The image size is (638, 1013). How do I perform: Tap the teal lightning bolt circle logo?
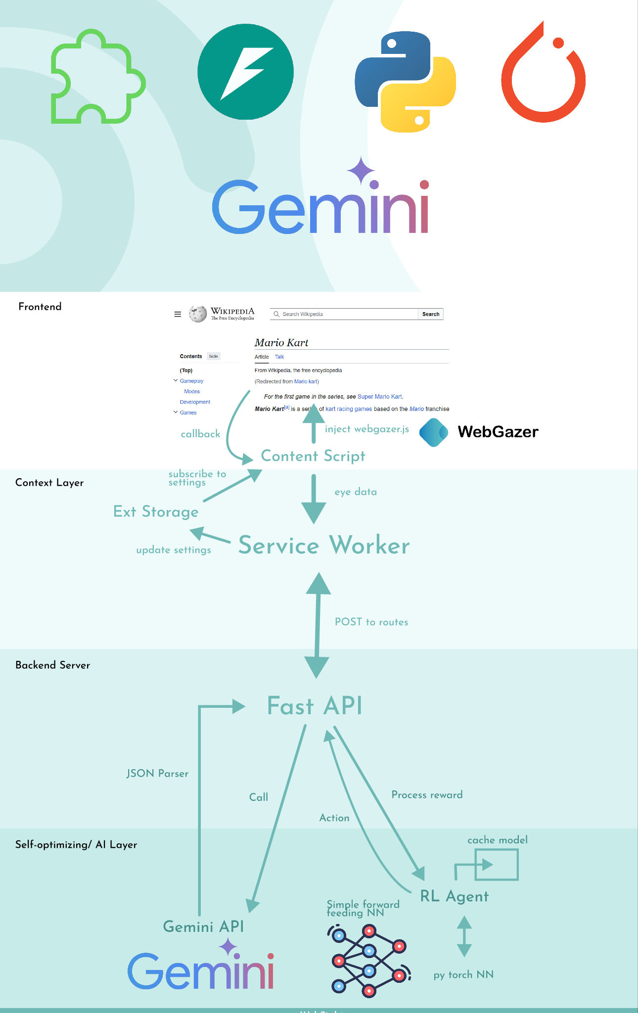coord(245,72)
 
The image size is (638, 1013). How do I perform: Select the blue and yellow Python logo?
coord(405,82)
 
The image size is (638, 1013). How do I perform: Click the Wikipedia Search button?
coord(430,314)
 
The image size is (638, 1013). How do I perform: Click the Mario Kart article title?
coord(281,343)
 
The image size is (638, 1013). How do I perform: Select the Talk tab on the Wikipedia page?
coord(279,357)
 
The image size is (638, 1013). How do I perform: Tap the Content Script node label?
coord(313,456)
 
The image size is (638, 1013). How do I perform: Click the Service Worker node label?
coord(324,545)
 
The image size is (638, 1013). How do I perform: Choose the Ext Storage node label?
coord(156,511)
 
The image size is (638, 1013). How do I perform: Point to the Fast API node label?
coord(315,705)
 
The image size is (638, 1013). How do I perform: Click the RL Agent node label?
coord(454,896)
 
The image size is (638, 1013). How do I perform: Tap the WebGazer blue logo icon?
coord(434,432)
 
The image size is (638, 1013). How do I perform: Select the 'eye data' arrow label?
coord(356,492)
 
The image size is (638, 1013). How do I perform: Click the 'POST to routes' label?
coord(371,622)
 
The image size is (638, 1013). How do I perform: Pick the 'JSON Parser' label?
coord(157,773)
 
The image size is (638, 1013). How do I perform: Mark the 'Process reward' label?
coord(427,794)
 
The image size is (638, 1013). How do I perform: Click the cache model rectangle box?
coord(497,865)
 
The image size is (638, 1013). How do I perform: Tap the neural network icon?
coord(368,961)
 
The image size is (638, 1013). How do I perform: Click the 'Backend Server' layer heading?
coord(53,665)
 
